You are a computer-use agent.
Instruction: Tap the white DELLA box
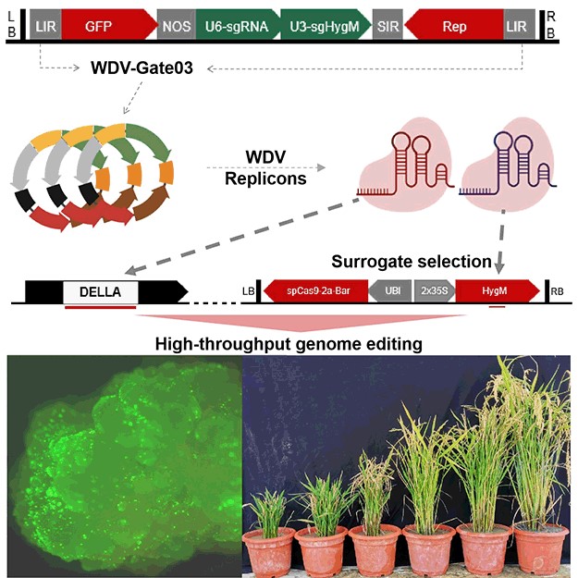(100, 291)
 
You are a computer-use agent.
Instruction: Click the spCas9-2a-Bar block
(314, 291)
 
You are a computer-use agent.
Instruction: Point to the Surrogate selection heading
(428, 261)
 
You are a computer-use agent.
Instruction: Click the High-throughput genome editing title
(289, 343)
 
